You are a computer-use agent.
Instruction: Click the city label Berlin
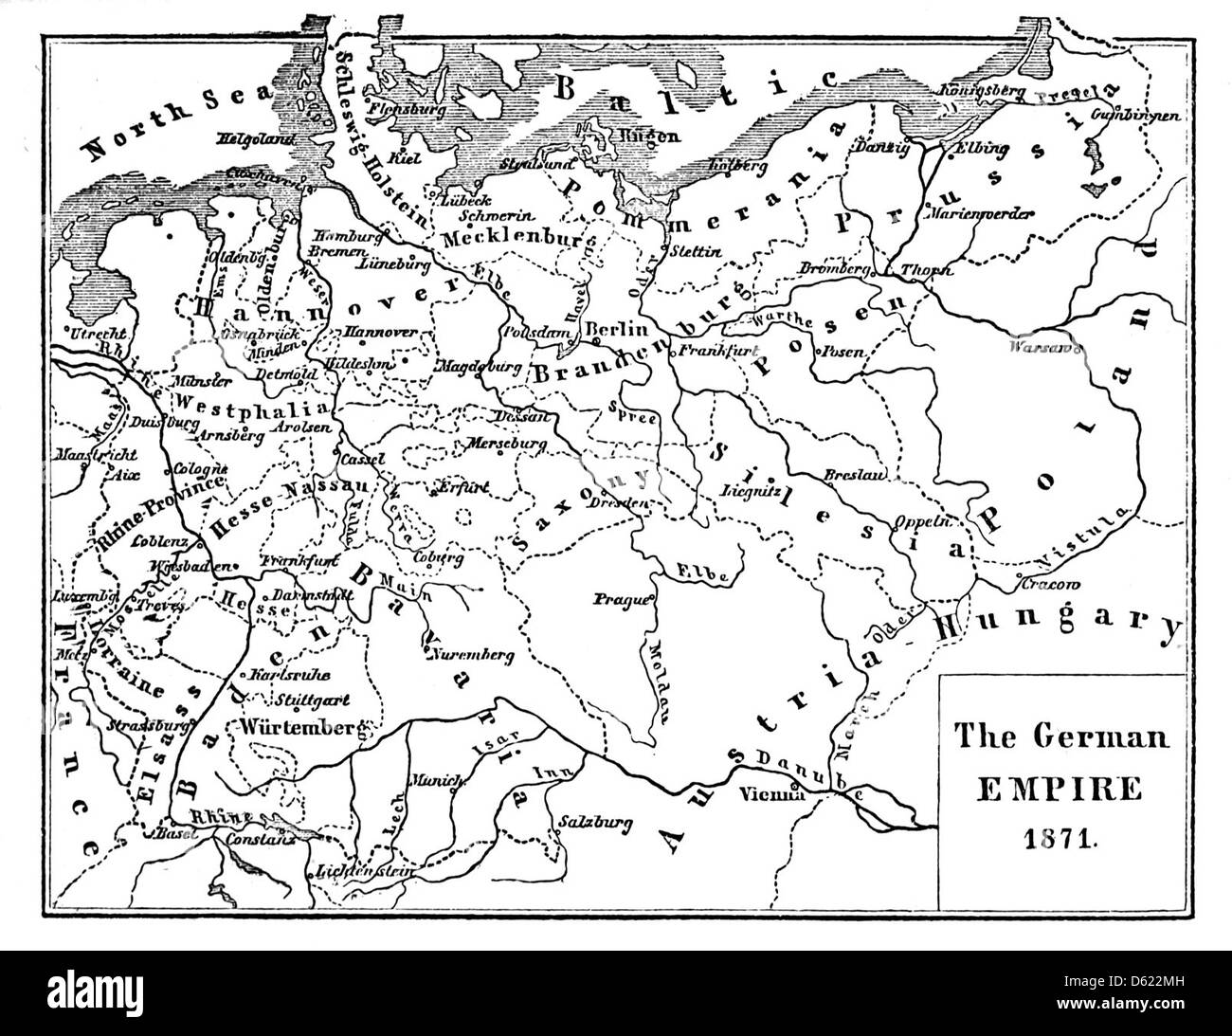point(617,329)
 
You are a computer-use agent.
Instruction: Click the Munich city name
point(434,780)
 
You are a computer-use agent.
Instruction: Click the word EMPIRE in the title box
point(1060,789)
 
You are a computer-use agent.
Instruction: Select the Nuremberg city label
point(472,653)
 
